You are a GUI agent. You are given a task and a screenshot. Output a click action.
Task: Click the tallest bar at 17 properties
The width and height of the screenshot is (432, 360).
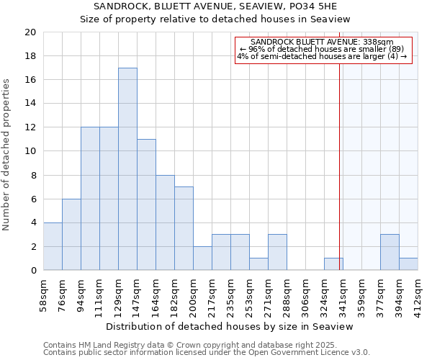(x=127, y=169)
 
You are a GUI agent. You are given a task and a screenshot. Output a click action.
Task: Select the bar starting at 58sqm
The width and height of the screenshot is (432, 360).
(x=53, y=246)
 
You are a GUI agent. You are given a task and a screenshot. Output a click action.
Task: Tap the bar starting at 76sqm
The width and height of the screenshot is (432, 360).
(x=71, y=235)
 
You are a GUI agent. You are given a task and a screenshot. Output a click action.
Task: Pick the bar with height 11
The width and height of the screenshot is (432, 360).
(x=146, y=204)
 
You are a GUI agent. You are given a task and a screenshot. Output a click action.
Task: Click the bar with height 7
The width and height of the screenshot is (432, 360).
(x=184, y=228)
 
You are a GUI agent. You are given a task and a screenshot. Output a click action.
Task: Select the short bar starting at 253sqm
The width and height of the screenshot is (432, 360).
(x=258, y=264)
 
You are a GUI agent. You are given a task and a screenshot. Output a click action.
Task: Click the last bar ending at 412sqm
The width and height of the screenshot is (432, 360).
(x=408, y=264)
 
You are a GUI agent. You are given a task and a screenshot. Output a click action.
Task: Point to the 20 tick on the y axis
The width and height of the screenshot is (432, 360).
(x=30, y=32)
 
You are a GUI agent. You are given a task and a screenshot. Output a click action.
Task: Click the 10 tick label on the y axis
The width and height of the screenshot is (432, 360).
(x=30, y=151)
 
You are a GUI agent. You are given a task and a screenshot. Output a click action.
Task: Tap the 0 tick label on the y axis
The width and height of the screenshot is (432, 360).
(x=33, y=271)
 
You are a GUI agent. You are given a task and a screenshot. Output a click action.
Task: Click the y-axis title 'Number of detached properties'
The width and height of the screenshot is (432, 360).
(x=7, y=155)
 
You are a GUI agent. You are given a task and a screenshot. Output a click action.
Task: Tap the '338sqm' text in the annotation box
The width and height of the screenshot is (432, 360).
(x=379, y=42)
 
